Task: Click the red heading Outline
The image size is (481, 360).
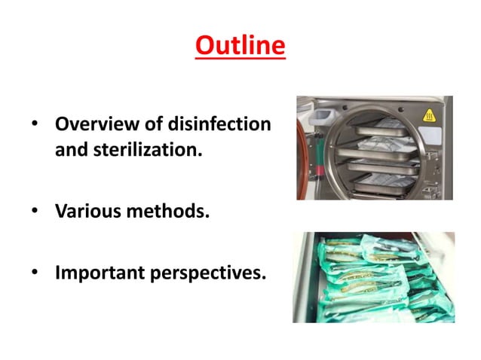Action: tap(240, 46)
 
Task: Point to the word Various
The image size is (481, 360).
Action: tap(85, 211)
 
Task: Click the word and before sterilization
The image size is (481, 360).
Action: tap(70, 149)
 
